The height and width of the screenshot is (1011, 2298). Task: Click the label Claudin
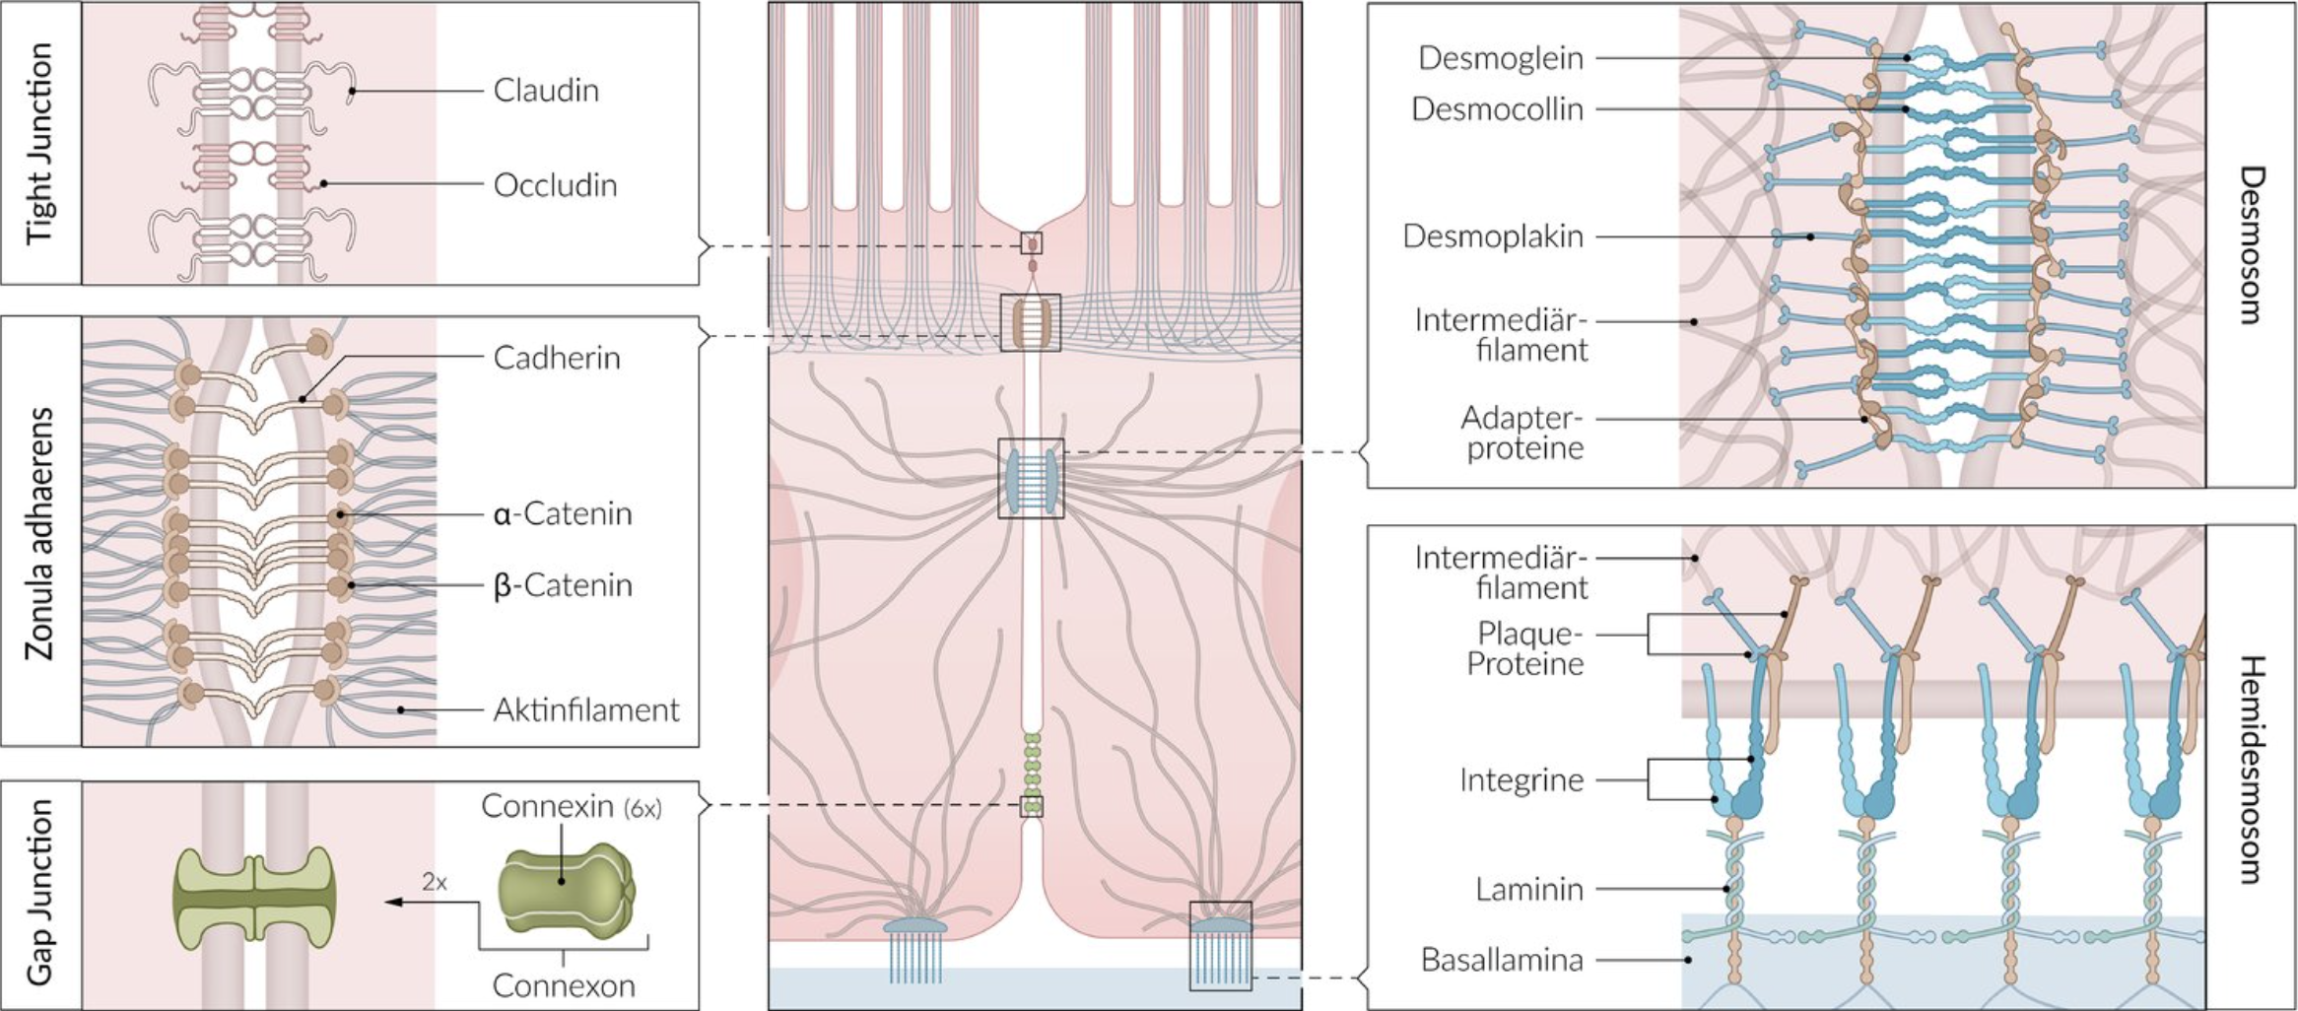pyautogui.click(x=546, y=91)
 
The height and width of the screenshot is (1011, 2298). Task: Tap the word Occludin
pyautogui.click(x=555, y=185)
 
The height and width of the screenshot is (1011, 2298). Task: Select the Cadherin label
pyautogui.click(x=557, y=358)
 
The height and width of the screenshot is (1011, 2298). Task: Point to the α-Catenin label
pyautogui.click(x=563, y=513)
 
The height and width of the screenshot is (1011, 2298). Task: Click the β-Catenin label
pyautogui.click(x=563, y=585)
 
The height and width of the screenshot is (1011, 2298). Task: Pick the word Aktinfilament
pyautogui.click(x=586, y=709)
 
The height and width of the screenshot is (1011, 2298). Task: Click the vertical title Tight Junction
pyautogui.click(x=40, y=144)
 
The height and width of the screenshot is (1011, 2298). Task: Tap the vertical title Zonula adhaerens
pyautogui.click(x=40, y=532)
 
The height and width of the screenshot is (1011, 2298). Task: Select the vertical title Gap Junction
pyautogui.click(x=40, y=892)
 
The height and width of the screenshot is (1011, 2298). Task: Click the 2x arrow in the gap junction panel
pyautogui.click(x=414, y=902)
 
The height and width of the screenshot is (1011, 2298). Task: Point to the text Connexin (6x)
pyautogui.click(x=571, y=807)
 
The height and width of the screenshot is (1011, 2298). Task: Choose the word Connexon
pyautogui.click(x=564, y=985)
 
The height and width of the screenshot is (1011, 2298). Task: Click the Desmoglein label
pyautogui.click(x=1500, y=58)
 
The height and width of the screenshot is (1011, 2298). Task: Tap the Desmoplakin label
pyautogui.click(x=1493, y=236)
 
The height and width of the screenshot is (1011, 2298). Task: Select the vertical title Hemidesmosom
pyautogui.click(x=2251, y=769)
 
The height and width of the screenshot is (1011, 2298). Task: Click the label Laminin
pyautogui.click(x=1528, y=890)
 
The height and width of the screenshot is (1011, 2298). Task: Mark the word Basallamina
pyautogui.click(x=1502, y=960)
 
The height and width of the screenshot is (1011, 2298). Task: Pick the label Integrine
pyautogui.click(x=1521, y=780)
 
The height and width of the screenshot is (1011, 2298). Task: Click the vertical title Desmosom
pyautogui.click(x=2251, y=244)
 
